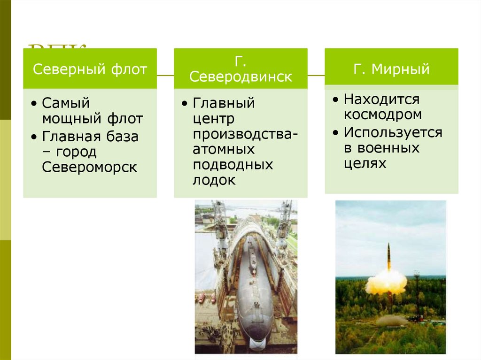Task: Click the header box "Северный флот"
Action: pos(90,69)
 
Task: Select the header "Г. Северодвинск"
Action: pos(240,69)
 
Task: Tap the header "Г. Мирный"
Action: pos(391,69)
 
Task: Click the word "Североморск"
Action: pos(90,168)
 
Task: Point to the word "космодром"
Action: pos(382,115)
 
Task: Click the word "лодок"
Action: pos(214,181)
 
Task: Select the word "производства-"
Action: pos(245,135)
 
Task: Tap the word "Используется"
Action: pos(393,132)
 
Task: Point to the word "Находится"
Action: pos(381,100)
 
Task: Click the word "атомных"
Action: pos(224,150)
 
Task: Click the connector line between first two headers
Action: pos(165,75)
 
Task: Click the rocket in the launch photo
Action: pos(388,256)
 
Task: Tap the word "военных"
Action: pos(388,148)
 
